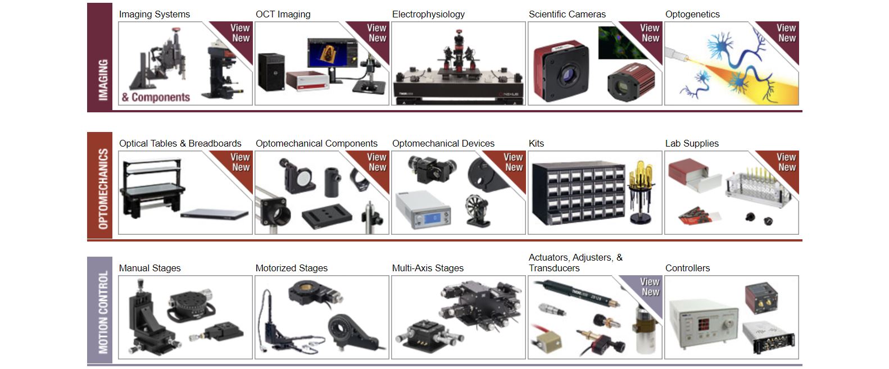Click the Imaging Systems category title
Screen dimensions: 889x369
[x=154, y=14]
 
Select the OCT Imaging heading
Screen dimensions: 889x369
[x=283, y=14]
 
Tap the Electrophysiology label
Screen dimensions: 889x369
[x=428, y=14]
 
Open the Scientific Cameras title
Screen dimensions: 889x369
[x=567, y=14]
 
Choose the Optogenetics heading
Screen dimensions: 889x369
[x=692, y=14]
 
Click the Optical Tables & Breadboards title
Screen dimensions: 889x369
[x=180, y=143]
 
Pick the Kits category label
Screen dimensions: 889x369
[x=536, y=143]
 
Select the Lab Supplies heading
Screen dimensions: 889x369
[x=692, y=143]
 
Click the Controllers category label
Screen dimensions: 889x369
[x=687, y=268]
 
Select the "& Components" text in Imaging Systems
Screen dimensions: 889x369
[x=156, y=97]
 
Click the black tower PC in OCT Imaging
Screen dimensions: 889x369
[x=271, y=71]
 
